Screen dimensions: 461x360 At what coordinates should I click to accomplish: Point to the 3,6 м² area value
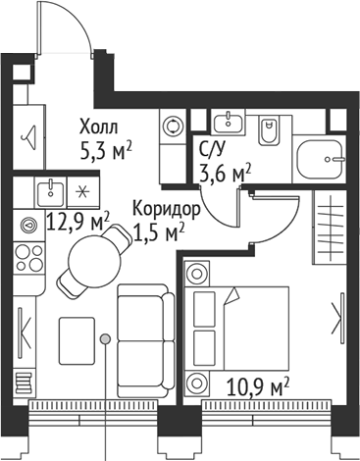pyautogui.click(x=225, y=174)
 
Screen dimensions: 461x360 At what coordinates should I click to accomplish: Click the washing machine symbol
pyautogui.click(x=173, y=126)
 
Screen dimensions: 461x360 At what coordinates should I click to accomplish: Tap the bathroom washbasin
pyautogui.click(x=231, y=121)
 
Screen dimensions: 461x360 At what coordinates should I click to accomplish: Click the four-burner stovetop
pyautogui.click(x=27, y=257)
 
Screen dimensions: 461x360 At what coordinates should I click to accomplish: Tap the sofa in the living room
pyautogui.click(x=145, y=329)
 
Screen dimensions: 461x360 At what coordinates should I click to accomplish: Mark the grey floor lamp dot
pyautogui.click(x=105, y=339)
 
